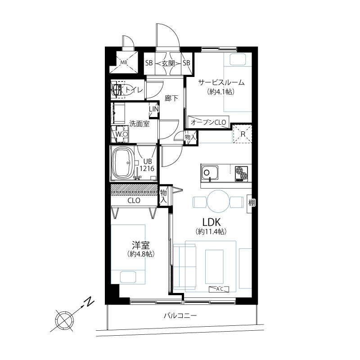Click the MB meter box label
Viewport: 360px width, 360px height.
click(x=124, y=63)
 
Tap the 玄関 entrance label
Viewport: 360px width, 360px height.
click(x=168, y=63)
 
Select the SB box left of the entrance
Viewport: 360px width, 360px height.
click(x=149, y=63)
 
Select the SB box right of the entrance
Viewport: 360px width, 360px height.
click(x=186, y=63)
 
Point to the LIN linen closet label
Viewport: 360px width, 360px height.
click(x=154, y=109)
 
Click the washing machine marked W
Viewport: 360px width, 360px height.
click(x=120, y=134)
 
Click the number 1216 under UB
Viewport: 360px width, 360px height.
click(x=147, y=169)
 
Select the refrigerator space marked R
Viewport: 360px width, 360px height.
click(x=243, y=134)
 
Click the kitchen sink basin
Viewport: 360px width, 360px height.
click(x=210, y=173)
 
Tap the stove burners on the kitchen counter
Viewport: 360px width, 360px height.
click(x=241, y=173)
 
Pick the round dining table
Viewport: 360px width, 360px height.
click(x=218, y=201)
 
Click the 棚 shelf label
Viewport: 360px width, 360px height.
click(x=252, y=203)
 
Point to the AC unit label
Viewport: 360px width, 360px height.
click(x=219, y=289)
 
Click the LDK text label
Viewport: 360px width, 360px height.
click(x=211, y=222)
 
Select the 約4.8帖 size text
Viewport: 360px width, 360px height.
click(x=140, y=254)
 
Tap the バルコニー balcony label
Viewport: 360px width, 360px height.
click(x=180, y=316)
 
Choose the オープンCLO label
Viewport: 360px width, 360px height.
click(x=208, y=122)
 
